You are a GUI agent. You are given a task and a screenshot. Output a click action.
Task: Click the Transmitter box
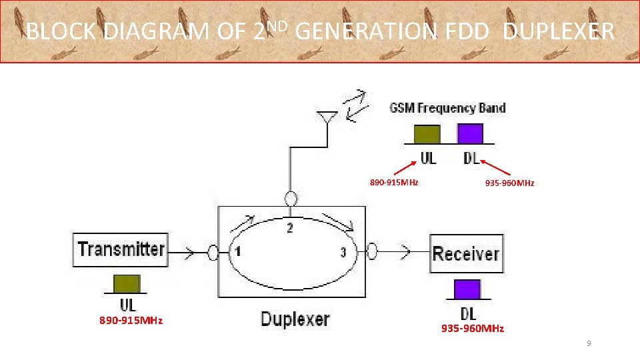point(121,249)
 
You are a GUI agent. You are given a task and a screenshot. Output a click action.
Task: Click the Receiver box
point(465,253)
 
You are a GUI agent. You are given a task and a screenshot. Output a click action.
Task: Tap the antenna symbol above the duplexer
point(325,119)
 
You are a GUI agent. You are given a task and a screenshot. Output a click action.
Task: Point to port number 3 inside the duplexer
point(343,252)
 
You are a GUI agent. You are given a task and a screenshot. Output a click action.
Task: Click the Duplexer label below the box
point(295,319)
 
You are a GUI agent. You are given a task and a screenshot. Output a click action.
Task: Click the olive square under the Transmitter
point(126,283)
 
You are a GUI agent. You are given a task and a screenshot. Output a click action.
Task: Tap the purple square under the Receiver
point(467,289)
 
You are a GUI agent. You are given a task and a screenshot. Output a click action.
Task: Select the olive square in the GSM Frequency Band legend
point(427,134)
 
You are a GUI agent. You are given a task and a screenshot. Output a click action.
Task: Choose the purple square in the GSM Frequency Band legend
point(470,133)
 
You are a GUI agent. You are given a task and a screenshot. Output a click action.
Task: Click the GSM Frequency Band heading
point(447,108)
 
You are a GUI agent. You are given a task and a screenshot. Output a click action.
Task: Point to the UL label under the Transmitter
point(127,305)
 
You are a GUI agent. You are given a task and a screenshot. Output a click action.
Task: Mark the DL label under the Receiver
point(468,313)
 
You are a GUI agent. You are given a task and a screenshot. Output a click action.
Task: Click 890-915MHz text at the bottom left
point(131,321)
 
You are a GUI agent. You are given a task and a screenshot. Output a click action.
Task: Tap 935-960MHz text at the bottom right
point(473,329)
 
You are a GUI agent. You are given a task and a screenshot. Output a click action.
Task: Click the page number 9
point(589,343)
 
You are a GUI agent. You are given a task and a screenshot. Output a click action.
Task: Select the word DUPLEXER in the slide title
point(558,31)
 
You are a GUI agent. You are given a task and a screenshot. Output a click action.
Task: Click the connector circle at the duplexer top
point(290,199)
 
